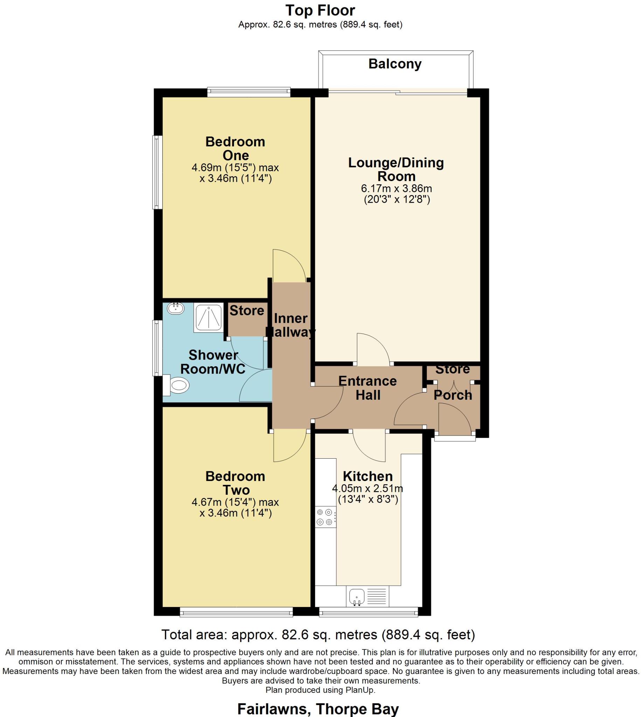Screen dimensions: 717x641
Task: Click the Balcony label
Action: pyautogui.click(x=395, y=64)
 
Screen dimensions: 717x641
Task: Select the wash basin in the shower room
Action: pyautogui.click(x=175, y=309)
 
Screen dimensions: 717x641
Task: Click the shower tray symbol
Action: pyautogui.click(x=208, y=318)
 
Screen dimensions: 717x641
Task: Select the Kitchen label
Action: pyautogui.click(x=368, y=476)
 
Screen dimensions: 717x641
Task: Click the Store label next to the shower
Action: pyautogui.click(x=246, y=311)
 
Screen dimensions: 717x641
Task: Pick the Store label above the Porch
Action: pyautogui.click(x=453, y=369)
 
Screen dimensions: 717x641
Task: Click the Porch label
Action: pyautogui.click(x=453, y=395)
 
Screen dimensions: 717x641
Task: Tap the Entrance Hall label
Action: pyautogui.click(x=368, y=388)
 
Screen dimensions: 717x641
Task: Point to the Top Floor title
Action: pyautogui.click(x=320, y=11)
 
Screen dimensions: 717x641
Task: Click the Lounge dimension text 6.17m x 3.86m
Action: pyautogui.click(x=397, y=188)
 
